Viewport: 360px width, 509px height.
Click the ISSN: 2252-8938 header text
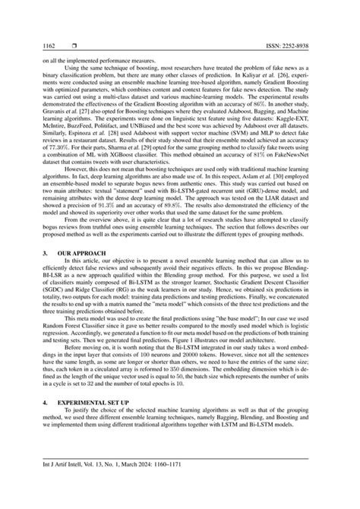tap(308, 46)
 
